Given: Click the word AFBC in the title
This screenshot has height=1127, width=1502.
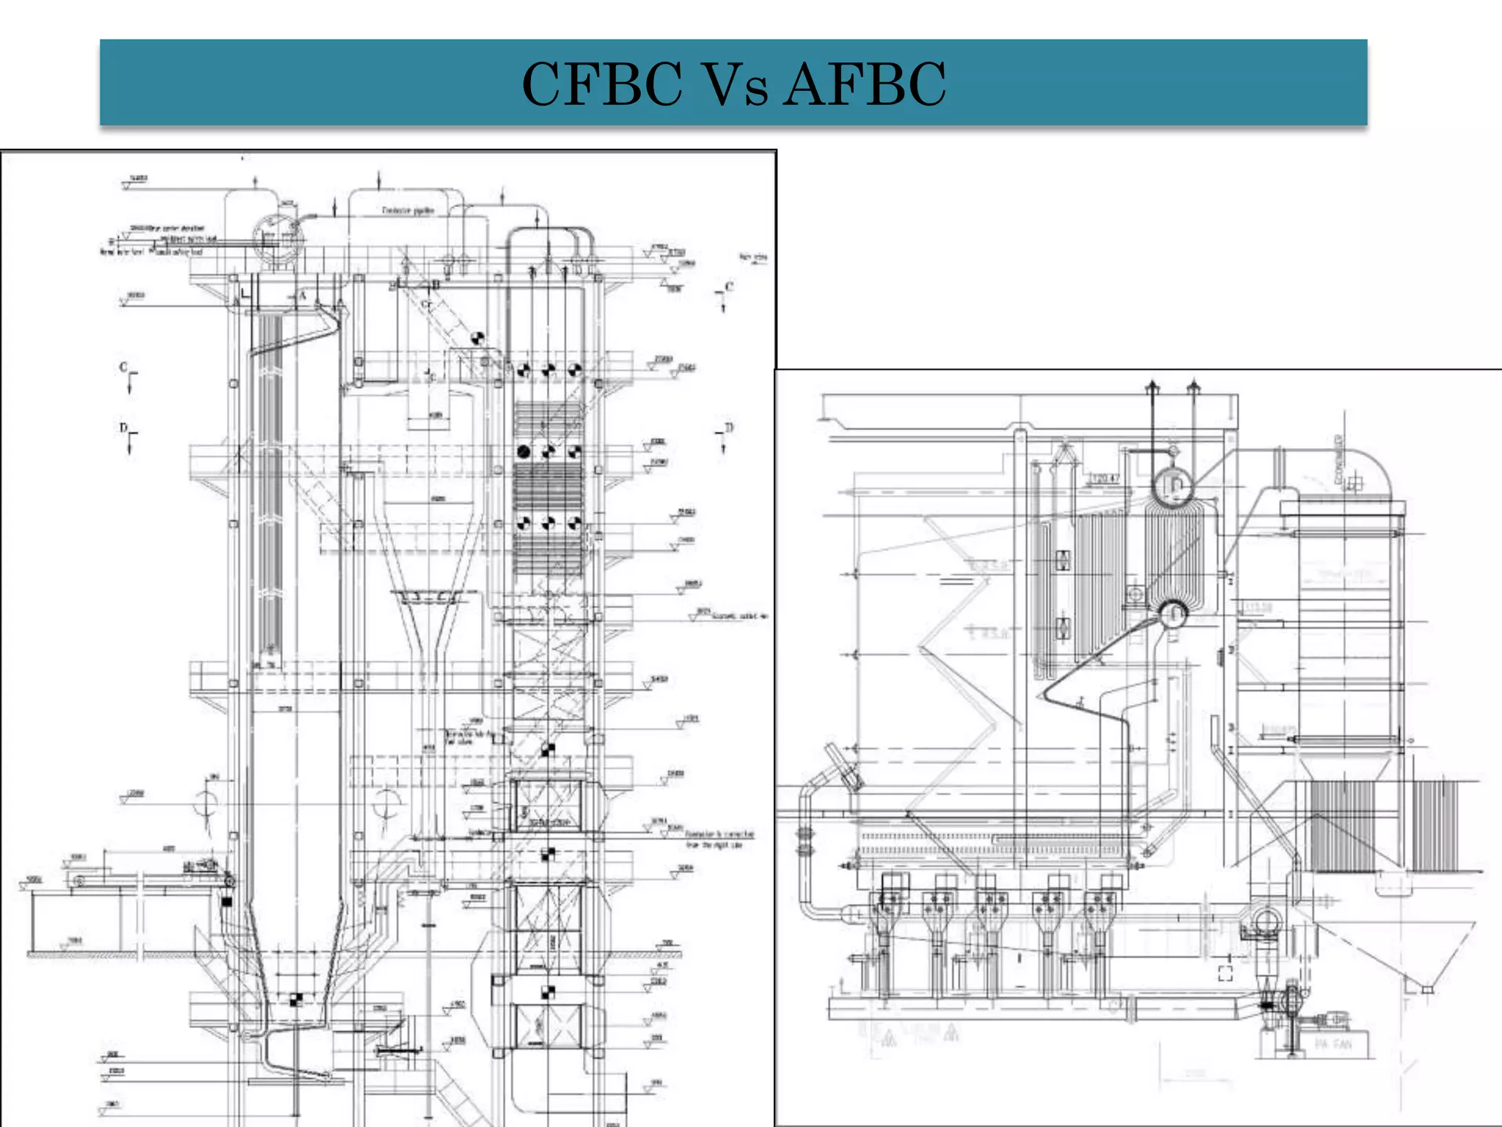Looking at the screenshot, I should click(865, 84).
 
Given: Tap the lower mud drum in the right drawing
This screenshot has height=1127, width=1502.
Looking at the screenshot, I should click(1173, 613).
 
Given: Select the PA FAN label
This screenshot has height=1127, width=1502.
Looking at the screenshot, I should click(1333, 1043).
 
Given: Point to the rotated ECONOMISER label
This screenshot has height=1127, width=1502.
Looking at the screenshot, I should click(1339, 459).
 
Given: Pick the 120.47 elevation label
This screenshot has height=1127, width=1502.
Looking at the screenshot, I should click(1104, 479).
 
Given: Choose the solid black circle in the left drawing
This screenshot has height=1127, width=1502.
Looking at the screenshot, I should click(524, 451).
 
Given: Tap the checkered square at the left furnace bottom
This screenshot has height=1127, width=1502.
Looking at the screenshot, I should click(296, 999).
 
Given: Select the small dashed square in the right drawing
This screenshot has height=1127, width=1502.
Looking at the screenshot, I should click(1225, 973).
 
